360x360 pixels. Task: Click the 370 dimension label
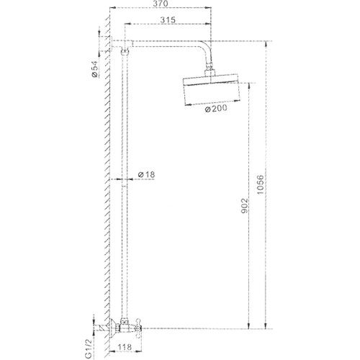tap(161, 4)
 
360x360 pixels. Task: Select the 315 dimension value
tap(168, 19)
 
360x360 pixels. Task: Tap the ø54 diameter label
tap(95, 69)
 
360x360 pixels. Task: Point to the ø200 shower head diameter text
tap(216, 109)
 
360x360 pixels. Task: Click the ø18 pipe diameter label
tap(146, 174)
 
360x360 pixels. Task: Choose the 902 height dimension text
tap(244, 206)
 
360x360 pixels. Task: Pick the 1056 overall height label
tap(260, 185)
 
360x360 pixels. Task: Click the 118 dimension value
tap(125, 347)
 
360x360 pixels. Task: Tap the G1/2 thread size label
tap(89, 349)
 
